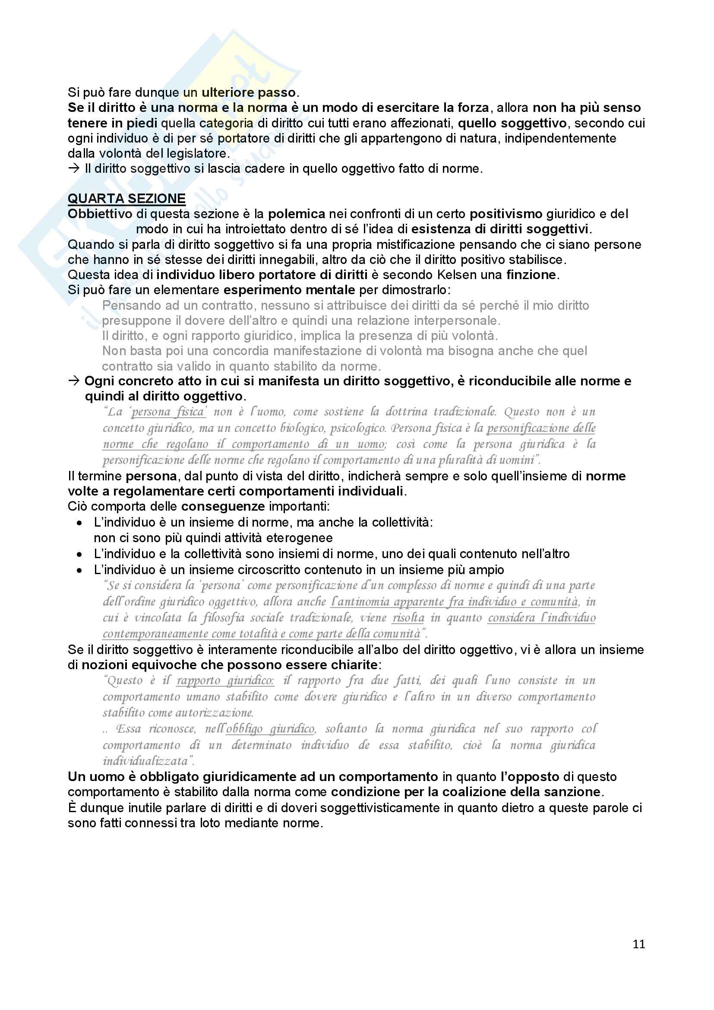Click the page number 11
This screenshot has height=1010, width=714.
pos(638,944)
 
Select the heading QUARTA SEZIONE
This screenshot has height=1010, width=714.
pos(126,199)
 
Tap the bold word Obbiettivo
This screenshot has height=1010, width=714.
pos(100,214)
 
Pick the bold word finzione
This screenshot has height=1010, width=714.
pos(531,275)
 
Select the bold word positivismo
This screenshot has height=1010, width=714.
pos(505,214)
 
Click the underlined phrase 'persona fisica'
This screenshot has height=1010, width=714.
pos(169,412)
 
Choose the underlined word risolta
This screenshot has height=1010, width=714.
pos(408,618)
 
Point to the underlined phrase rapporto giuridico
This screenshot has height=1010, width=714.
pos(225,680)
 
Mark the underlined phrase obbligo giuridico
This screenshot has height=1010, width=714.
pos(271,729)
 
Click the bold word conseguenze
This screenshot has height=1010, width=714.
pos(223,506)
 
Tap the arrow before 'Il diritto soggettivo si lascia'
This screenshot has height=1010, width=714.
pos(73,168)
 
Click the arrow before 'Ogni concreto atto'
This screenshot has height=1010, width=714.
pos(73,381)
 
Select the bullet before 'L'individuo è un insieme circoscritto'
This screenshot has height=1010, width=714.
pos(79,571)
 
